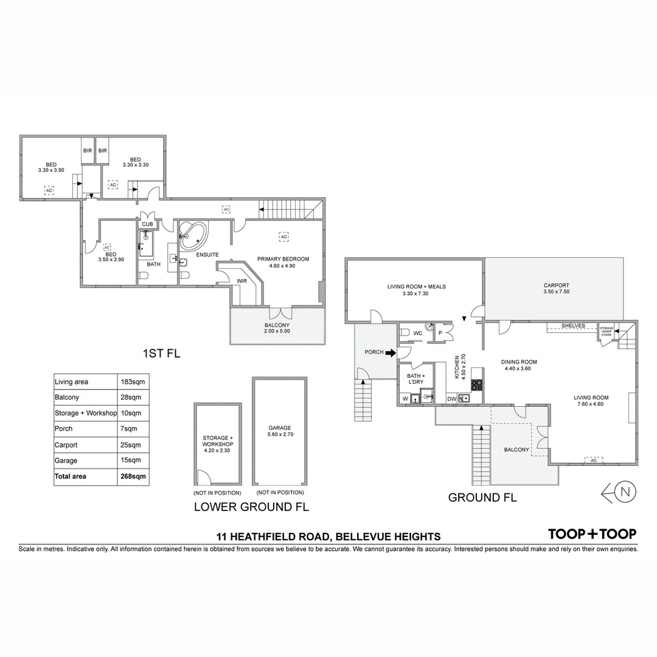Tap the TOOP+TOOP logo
[x=592, y=534]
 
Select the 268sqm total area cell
[x=133, y=476]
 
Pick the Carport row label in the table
[x=66, y=445]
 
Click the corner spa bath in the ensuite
[x=193, y=235]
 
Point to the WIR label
[x=242, y=280]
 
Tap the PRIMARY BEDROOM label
[x=283, y=259]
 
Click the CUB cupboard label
[x=148, y=224]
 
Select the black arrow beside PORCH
[x=390, y=352]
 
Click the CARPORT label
[x=556, y=285]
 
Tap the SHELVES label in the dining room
[x=572, y=326]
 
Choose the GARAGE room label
[x=279, y=428]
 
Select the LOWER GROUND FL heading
[x=251, y=506]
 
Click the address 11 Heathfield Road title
[x=328, y=537]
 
